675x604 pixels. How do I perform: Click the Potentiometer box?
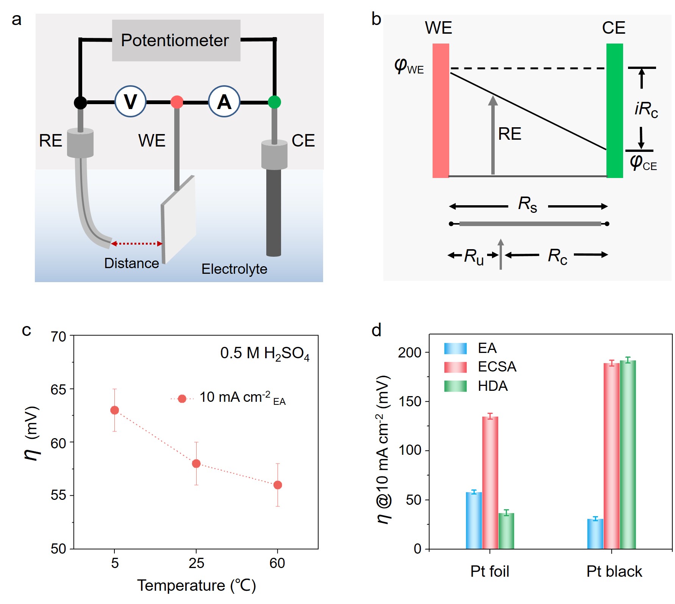click(x=176, y=41)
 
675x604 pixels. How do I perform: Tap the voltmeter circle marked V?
click(x=131, y=101)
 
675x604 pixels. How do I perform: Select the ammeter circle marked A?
click(x=224, y=101)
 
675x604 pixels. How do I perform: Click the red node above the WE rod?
click(x=177, y=102)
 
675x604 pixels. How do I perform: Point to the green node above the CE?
click(x=274, y=102)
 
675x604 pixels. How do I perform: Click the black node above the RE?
click(x=80, y=102)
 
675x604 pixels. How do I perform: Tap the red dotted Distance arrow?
click(x=136, y=243)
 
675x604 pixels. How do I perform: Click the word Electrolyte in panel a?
click(x=234, y=269)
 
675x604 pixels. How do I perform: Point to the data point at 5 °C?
click(x=114, y=410)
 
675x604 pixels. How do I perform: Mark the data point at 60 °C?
click(x=278, y=485)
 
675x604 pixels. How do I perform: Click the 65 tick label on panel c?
click(x=58, y=390)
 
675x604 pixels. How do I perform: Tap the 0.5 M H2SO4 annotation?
click(x=265, y=353)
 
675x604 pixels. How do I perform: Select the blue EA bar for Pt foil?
click(x=474, y=520)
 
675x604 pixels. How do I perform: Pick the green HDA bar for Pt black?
click(x=628, y=454)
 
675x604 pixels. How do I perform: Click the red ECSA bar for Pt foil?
click(x=490, y=483)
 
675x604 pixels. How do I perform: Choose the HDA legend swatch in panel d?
click(x=455, y=386)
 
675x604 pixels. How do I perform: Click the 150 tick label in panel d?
click(x=410, y=401)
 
